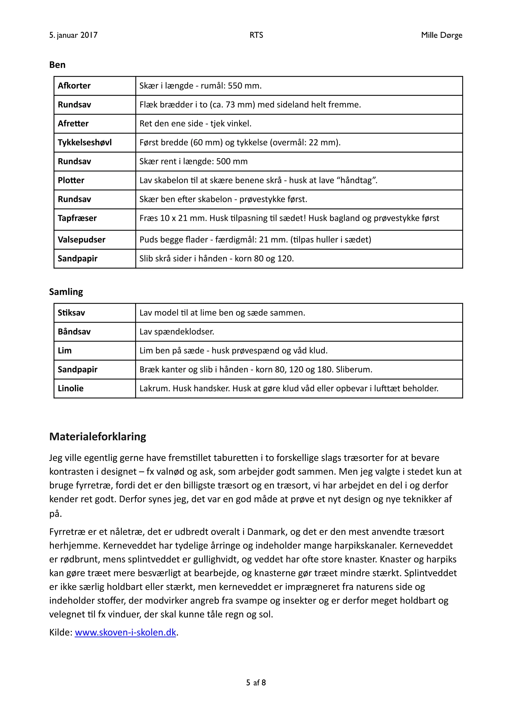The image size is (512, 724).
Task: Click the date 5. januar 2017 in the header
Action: pyautogui.click(x=73, y=35)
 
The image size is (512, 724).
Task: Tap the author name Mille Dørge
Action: pyautogui.click(x=441, y=35)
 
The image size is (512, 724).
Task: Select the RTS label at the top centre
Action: pyautogui.click(x=256, y=35)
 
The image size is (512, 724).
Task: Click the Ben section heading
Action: pyautogui.click(x=57, y=65)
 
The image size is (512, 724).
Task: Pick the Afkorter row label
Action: pyautogui.click(x=74, y=86)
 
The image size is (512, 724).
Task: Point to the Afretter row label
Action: pyautogui.click(x=73, y=123)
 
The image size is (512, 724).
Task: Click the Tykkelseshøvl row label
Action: pyautogui.click(x=84, y=142)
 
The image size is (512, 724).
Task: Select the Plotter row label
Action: pyautogui.click(x=71, y=180)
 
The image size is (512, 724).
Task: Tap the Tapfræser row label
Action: pyautogui.click(x=77, y=218)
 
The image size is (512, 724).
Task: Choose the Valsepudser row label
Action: pyautogui.click(x=81, y=240)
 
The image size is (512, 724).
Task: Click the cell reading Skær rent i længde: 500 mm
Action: pyautogui.click(x=193, y=161)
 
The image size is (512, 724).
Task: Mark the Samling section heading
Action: pyautogui.click(x=66, y=292)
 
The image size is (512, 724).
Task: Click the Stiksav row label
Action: pyautogui.click(x=71, y=313)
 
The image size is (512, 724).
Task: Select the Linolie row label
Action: pyautogui.click(x=70, y=388)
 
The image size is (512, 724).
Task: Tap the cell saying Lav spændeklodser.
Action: pyautogui.click(x=176, y=332)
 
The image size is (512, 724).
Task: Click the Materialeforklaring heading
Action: pyautogui.click(x=97, y=436)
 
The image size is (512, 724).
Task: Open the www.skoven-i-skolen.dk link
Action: pyautogui.click(x=125, y=632)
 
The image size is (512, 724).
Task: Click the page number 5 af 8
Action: pyautogui.click(x=256, y=683)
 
